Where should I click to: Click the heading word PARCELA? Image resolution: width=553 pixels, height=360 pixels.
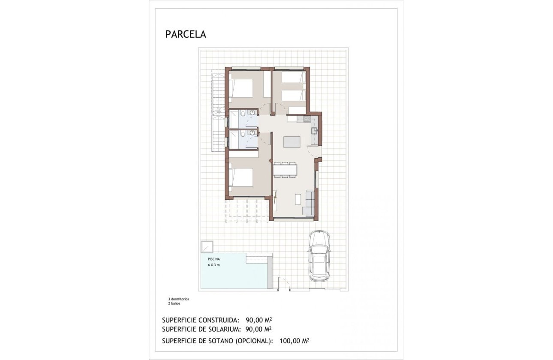click(x=186, y=35)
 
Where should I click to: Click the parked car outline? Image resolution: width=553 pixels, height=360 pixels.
click(x=319, y=256)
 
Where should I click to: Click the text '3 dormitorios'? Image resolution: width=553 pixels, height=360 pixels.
click(x=178, y=299)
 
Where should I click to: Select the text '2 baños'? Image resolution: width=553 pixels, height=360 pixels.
click(x=174, y=303)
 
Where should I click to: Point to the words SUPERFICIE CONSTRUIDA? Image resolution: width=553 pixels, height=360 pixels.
click(x=201, y=320)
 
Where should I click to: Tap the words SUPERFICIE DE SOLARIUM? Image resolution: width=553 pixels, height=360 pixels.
click(x=202, y=329)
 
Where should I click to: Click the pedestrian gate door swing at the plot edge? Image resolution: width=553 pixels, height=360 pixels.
click(x=283, y=284)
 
